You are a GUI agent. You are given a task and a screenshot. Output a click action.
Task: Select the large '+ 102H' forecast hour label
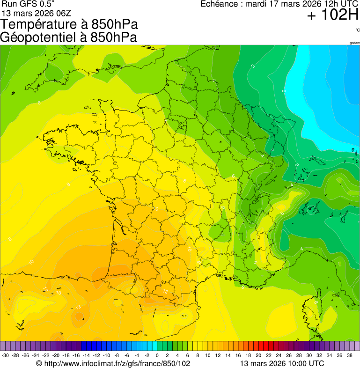click(x=332, y=15)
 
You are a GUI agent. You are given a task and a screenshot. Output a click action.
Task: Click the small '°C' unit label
click(x=357, y=30)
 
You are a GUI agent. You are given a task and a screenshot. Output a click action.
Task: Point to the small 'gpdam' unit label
click(x=354, y=43)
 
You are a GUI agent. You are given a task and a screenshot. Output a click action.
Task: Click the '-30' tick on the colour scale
click(x=6, y=355)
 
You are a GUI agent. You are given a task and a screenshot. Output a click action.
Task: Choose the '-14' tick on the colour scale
click(x=87, y=355)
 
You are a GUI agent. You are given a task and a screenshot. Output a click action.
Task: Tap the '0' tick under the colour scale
click(x=157, y=355)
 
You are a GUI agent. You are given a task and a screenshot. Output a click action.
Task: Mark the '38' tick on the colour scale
click(x=349, y=355)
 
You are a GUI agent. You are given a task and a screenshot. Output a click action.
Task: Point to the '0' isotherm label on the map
click(x=284, y=90)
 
